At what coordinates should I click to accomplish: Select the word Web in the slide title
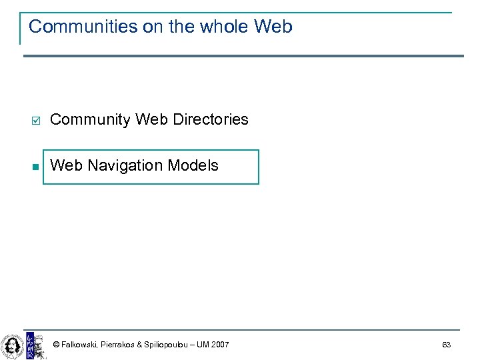273,27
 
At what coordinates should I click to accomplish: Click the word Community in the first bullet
90,120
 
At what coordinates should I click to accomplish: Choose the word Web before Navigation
65,165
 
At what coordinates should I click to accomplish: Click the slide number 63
446,345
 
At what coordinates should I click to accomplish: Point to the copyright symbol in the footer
56,345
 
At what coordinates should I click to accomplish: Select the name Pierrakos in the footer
117,345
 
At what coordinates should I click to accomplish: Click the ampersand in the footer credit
139,345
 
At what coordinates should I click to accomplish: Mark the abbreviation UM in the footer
202,345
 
